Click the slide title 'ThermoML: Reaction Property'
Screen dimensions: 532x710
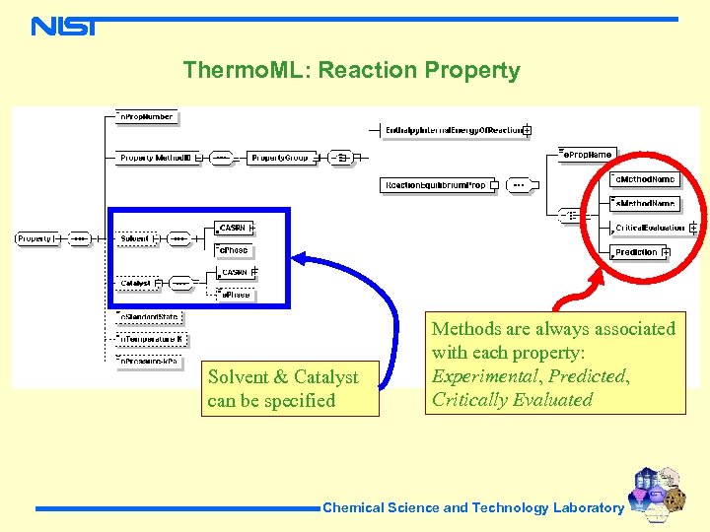pyautogui.click(x=351, y=71)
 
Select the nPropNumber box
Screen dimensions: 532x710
pyautogui.click(x=145, y=117)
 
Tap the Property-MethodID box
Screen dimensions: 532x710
pyautogui.click(x=157, y=158)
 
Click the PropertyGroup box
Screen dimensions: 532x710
pyautogui.click(x=280, y=158)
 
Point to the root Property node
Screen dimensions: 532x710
pyautogui.click(x=35, y=238)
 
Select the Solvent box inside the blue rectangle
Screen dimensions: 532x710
pyautogui.click(x=135, y=238)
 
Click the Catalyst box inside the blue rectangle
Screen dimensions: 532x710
pyautogui.click(x=135, y=283)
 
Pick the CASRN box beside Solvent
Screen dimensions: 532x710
pyautogui.click(x=235, y=229)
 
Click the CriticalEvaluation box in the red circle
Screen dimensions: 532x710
pyautogui.click(x=650, y=228)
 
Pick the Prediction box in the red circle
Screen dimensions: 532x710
pyautogui.click(x=636, y=252)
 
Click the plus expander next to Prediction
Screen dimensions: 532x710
pyautogui.click(x=668, y=253)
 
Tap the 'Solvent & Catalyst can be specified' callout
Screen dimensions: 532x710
pyautogui.click(x=290, y=388)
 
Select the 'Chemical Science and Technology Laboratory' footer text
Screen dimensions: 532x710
pyautogui.click(x=472, y=508)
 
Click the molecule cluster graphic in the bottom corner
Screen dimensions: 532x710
pyautogui.click(x=658, y=493)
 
